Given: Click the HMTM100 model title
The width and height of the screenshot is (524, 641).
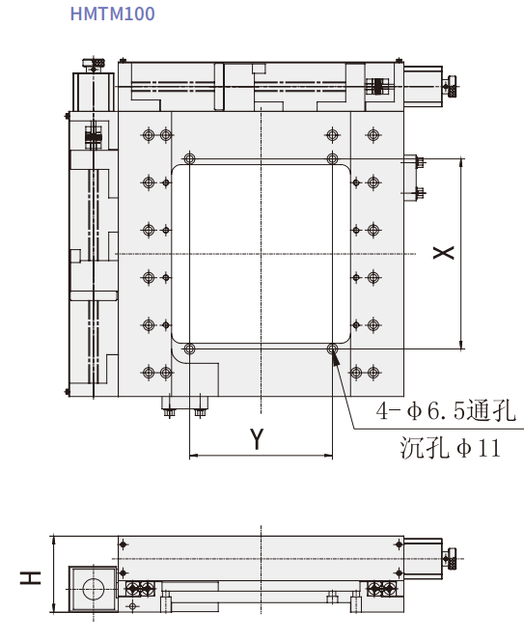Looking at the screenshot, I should click(x=112, y=14).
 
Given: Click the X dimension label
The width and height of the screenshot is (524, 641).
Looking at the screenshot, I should click(x=443, y=252).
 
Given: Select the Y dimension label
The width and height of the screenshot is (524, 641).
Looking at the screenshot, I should click(x=257, y=439).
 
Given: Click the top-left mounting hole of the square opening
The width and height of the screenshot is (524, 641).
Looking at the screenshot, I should click(x=189, y=158).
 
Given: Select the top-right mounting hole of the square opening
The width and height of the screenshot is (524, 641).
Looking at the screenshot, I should click(x=332, y=158).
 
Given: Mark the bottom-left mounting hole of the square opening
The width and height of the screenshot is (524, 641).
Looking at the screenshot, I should click(x=189, y=348).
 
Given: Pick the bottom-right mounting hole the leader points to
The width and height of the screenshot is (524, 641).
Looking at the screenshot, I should click(x=332, y=348).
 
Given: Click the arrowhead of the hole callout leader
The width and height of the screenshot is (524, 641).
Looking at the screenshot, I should click(x=336, y=360).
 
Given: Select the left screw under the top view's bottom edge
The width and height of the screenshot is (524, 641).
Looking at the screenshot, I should click(x=170, y=412).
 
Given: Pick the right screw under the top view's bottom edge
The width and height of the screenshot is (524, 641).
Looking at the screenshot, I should click(x=200, y=412).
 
